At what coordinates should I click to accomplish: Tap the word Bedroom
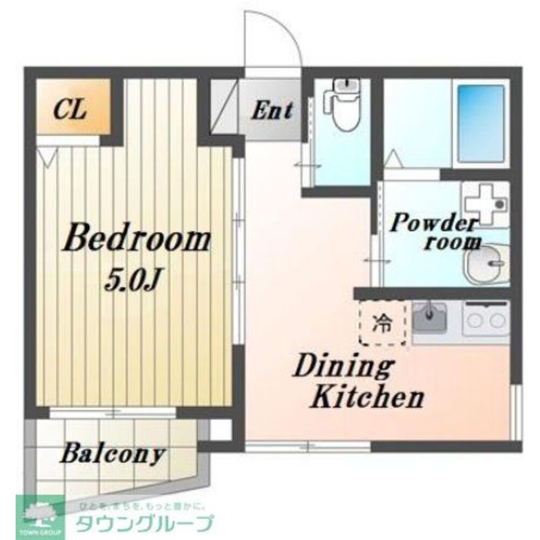click(136, 241)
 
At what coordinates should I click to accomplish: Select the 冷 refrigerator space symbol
click(383, 323)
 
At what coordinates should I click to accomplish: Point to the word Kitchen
click(368, 398)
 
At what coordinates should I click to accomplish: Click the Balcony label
click(112, 454)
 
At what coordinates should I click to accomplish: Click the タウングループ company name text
click(144, 522)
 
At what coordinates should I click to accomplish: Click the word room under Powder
click(452, 242)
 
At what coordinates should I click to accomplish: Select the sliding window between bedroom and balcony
click(113, 413)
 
